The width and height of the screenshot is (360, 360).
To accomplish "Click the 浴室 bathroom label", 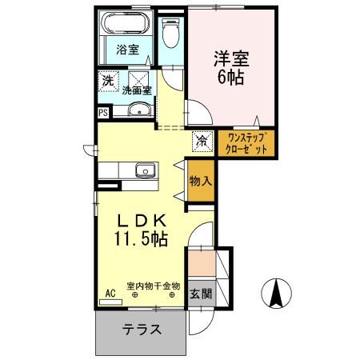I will pos(128,50).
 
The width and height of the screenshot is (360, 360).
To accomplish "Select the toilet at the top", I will pos(170,34).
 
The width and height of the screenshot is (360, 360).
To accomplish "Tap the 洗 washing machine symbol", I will pos(107,81).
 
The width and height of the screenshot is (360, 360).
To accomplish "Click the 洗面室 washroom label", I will pos(137,90).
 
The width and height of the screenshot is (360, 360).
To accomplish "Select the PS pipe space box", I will pos(103,112).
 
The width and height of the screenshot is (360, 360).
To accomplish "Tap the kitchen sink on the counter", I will pos(145,170).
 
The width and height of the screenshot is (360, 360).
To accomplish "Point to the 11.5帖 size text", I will pos(140,238).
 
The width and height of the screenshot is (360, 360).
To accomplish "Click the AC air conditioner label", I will pos(110,292).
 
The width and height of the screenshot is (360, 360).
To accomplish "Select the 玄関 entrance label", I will pos(201,294).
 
